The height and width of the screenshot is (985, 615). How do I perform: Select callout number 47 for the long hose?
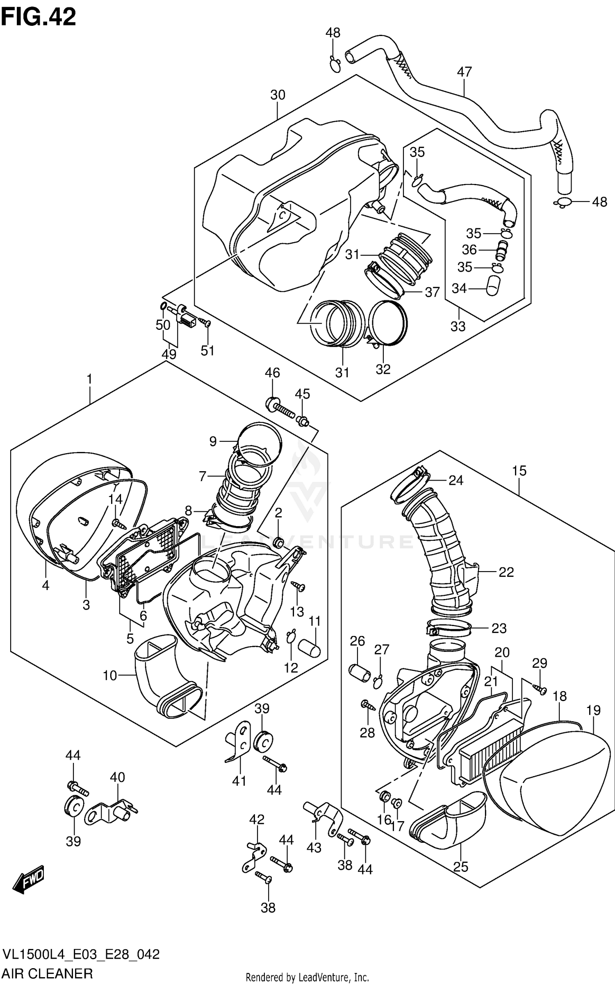point(464,72)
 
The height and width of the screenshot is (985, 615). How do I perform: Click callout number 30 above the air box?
point(278,95)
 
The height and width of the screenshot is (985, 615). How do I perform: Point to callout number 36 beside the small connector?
point(469,250)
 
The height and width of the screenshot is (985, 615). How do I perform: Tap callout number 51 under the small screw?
point(207,351)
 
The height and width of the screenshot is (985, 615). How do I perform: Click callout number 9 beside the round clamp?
point(213,441)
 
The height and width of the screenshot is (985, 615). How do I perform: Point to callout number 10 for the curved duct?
point(110,676)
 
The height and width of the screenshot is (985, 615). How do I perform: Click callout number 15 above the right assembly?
point(519,471)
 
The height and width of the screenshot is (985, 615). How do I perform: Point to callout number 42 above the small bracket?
point(257,819)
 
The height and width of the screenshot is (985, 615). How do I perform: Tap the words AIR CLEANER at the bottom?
point(48,974)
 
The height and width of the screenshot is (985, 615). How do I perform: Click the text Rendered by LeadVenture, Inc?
point(307,978)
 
